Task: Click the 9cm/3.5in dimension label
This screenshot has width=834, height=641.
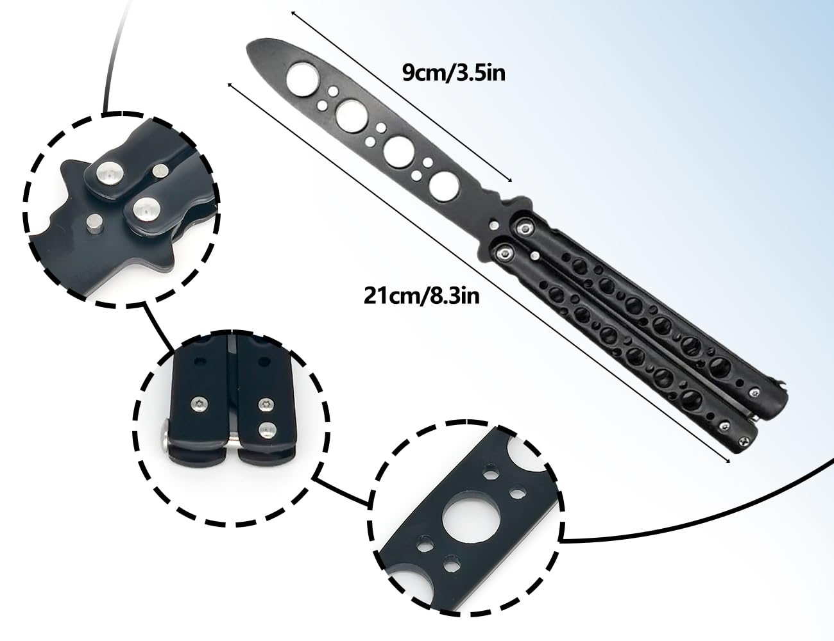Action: tap(454, 73)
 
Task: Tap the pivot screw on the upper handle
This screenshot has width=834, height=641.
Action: tap(524, 229)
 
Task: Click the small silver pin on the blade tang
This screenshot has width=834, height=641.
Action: tap(495, 224)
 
